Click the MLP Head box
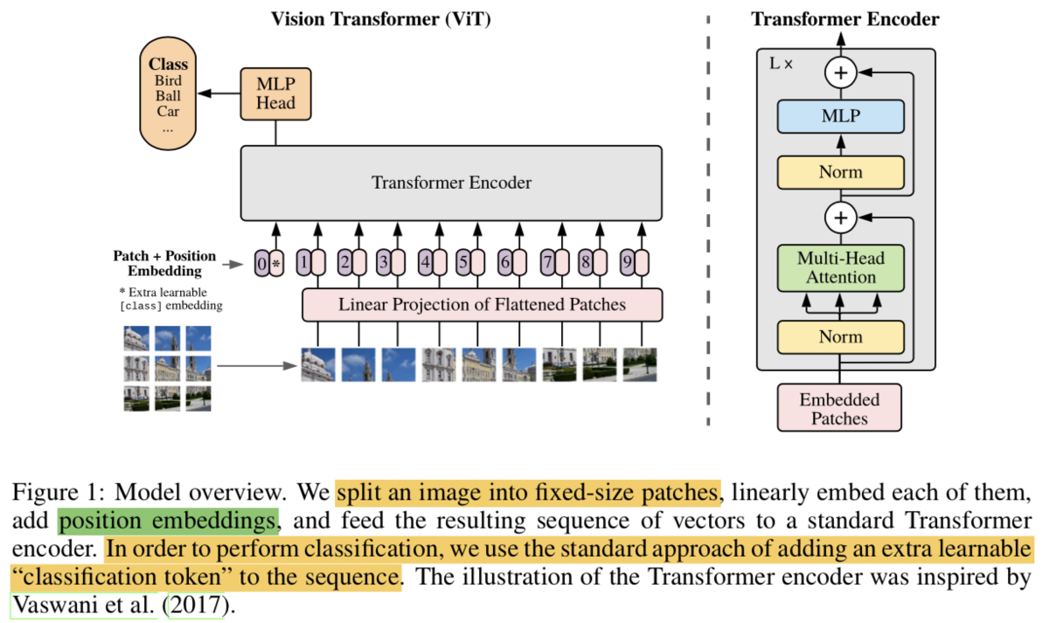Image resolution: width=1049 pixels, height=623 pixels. [x=276, y=94]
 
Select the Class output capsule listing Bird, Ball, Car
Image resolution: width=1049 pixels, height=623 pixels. [x=168, y=93]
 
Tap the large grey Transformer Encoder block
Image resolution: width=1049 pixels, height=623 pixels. [x=451, y=183]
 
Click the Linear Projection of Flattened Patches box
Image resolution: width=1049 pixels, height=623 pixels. [x=482, y=305]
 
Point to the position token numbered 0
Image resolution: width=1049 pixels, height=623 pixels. [x=261, y=263]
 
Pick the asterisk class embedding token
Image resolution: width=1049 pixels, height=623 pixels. [x=277, y=263]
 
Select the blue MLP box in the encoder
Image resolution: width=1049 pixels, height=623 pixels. [x=841, y=116]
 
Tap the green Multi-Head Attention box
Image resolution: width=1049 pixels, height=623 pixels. [x=841, y=268]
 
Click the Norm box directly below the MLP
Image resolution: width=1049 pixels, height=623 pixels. [x=841, y=172]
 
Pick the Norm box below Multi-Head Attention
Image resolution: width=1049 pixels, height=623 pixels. [x=841, y=337]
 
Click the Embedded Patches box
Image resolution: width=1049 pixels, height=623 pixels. [x=839, y=408]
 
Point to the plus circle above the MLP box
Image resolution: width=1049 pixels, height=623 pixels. [x=841, y=73]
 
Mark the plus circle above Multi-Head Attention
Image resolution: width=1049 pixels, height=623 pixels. [x=841, y=218]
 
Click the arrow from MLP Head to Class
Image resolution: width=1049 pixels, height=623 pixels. [x=219, y=93]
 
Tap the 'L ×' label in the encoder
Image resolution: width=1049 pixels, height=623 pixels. [x=781, y=64]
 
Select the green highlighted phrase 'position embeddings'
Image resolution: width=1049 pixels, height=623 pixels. [x=168, y=521]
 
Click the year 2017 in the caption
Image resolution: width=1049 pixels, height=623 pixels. [x=196, y=605]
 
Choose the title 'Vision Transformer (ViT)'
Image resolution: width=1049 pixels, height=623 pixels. [x=381, y=19]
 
